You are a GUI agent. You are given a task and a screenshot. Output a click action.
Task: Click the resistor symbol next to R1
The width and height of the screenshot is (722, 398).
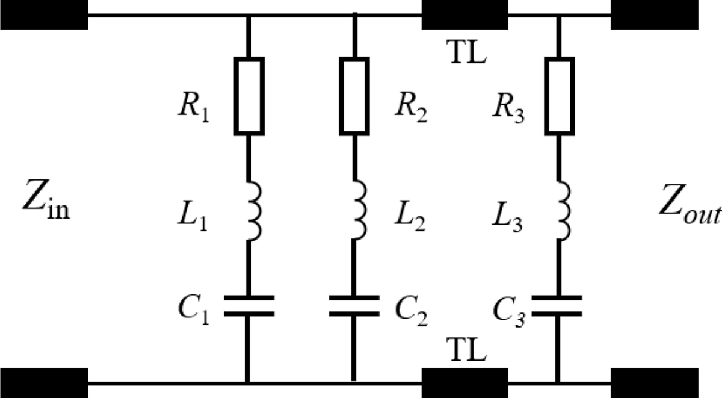[x=248, y=96]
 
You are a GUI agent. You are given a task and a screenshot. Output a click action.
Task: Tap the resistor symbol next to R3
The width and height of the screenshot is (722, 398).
[x=559, y=96]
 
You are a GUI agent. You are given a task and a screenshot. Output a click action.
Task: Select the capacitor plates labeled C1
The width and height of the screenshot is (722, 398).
[x=248, y=305]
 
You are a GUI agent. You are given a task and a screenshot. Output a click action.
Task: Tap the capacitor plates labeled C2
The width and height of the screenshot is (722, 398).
[x=354, y=305]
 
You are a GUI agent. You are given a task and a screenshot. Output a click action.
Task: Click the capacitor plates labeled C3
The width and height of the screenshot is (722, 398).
[x=559, y=305]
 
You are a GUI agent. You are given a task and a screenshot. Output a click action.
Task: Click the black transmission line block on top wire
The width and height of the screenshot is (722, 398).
[x=464, y=15]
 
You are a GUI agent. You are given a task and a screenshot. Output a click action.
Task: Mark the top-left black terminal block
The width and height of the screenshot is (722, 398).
[x=44, y=15]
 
